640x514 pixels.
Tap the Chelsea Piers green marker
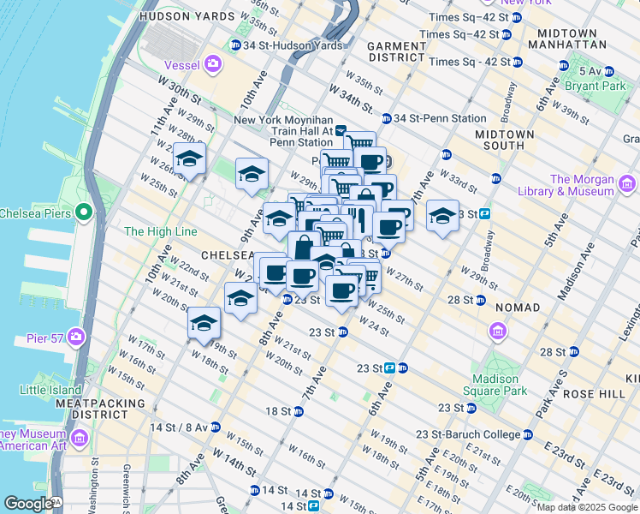pos(84,212)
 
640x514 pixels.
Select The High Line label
pos(160,231)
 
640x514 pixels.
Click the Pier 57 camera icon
pos(77,337)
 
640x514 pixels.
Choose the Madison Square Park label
pos(495,385)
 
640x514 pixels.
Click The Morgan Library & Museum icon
pos(627,184)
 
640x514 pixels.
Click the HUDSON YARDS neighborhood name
pos(174,16)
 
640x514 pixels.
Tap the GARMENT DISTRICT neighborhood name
pos(396,51)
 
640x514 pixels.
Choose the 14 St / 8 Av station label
pos(179,427)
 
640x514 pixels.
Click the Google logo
pos(28,504)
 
